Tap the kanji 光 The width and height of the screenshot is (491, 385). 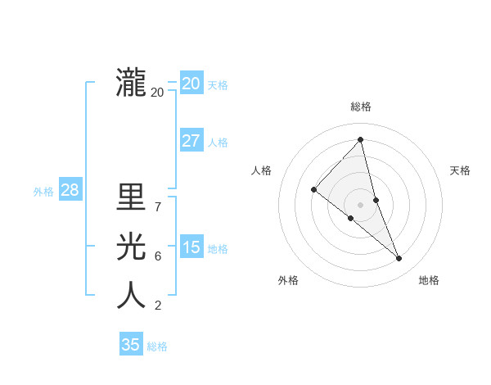point(131,246)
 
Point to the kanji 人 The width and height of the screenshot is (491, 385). point(131,295)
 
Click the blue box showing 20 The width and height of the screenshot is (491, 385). point(191,83)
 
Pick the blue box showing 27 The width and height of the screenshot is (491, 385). point(191,140)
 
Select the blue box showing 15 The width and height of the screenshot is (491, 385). point(191,247)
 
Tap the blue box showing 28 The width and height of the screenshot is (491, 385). point(70,190)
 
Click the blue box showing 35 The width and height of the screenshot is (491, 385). point(131,345)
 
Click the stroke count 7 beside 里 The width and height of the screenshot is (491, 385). point(157,207)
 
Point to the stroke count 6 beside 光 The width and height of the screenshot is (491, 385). point(157,256)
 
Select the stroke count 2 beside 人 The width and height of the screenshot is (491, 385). point(157,306)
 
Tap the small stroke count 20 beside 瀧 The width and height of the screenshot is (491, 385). point(157,93)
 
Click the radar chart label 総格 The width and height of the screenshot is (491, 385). point(361,106)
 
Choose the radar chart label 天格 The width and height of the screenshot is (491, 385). point(461,170)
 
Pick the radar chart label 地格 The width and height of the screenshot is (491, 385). point(429,280)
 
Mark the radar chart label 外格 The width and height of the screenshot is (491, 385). point(288,280)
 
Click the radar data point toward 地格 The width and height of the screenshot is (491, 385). point(399,259)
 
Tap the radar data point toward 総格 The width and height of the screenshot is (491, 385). point(361,139)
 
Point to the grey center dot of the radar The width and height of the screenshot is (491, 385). point(360,204)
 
